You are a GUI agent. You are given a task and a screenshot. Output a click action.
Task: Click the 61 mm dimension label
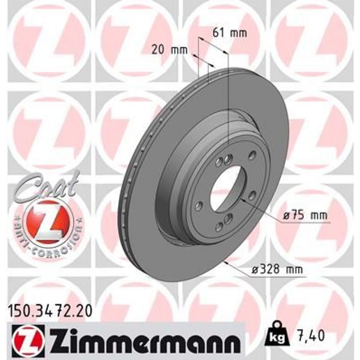point(230,33)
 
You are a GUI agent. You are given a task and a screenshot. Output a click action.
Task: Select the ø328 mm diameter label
point(277,269)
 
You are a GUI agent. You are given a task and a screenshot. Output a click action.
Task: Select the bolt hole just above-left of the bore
point(218,163)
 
